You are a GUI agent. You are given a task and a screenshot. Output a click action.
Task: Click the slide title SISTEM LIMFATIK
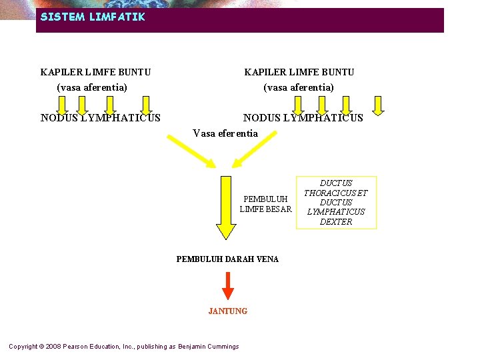92,17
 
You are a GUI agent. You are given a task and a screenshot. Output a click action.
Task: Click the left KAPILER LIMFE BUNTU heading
95,72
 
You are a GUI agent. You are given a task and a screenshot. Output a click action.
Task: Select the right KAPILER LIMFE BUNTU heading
299,72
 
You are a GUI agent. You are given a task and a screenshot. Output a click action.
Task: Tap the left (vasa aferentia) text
92,87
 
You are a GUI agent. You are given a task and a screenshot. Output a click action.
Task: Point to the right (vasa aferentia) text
299,87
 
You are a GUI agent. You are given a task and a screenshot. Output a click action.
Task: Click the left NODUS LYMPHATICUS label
100,118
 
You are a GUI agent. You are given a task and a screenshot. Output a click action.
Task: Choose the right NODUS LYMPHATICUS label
303,118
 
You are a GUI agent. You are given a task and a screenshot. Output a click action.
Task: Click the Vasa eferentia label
225,133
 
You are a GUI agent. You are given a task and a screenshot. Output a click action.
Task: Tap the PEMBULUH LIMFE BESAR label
265,204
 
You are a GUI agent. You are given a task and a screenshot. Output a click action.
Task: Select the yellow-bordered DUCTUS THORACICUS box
336,202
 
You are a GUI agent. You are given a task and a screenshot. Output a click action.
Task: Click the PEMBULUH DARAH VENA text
227,259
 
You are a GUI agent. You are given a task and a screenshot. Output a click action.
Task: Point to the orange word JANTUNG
228,311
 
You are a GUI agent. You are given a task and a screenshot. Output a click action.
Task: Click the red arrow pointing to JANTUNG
228,285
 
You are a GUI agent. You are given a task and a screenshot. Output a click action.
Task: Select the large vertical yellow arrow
226,207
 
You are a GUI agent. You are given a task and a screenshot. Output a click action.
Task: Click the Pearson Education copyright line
123,347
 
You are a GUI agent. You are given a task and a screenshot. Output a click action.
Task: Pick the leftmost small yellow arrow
61,105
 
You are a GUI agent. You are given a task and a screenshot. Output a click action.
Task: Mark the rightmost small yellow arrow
378,105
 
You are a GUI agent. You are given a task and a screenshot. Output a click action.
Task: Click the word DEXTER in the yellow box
336,222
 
